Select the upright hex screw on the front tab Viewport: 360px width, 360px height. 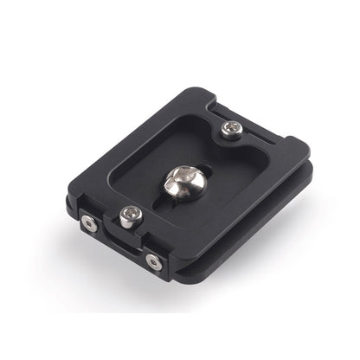(129, 218)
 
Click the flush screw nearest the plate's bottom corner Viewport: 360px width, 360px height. (154, 260)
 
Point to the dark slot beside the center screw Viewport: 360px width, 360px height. (201, 170)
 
